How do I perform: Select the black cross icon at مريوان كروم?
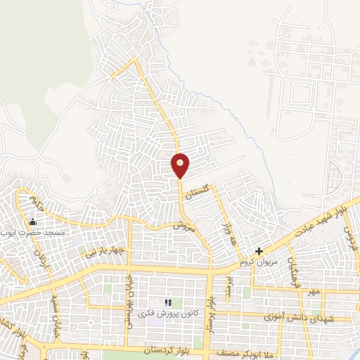pos(259,250)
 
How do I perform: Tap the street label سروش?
pos(183,226)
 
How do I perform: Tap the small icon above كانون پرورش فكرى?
pos(168,302)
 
